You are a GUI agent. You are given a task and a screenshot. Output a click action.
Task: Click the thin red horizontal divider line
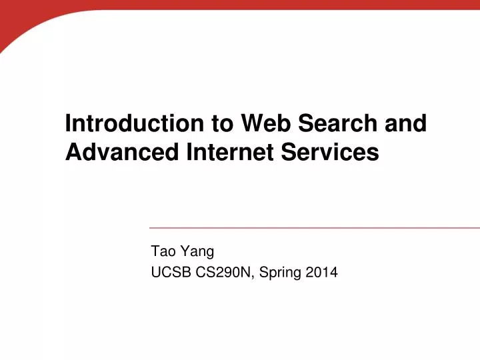click(313, 228)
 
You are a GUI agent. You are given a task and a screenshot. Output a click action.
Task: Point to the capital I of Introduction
click(68, 124)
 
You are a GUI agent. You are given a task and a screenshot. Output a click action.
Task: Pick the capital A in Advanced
click(73, 153)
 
